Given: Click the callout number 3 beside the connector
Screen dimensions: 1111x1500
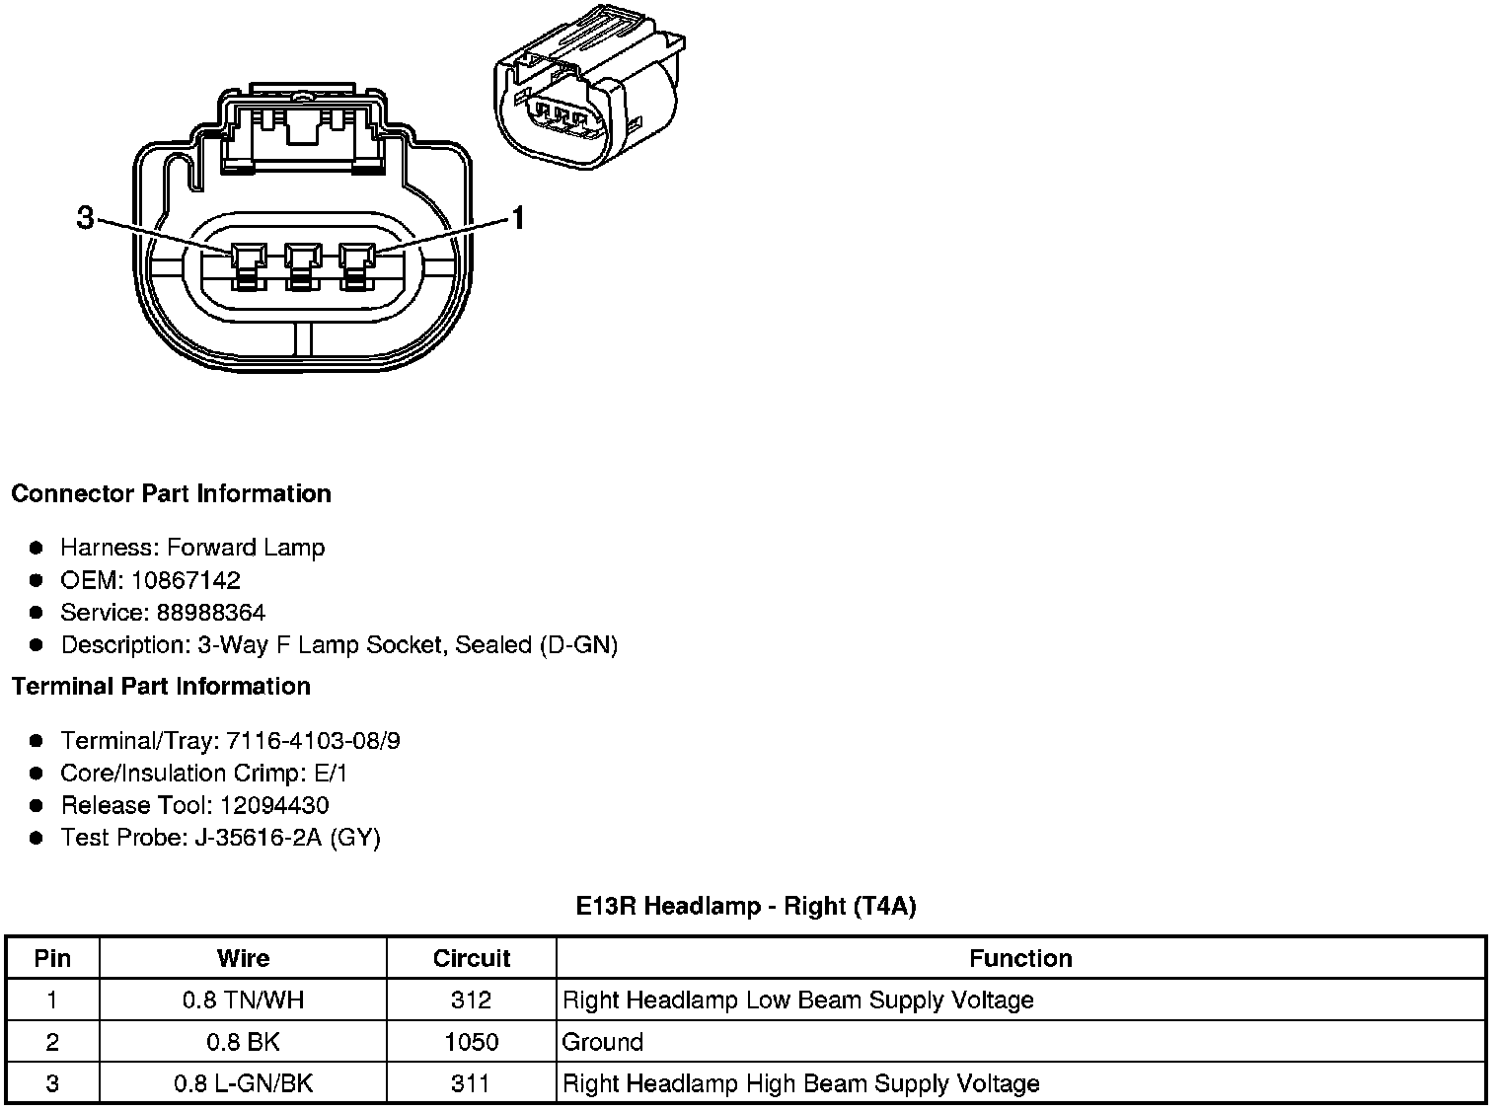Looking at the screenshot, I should click(x=86, y=218).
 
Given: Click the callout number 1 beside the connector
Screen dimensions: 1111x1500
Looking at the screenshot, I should click(x=516, y=218).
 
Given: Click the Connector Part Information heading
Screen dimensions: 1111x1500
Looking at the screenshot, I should click(x=171, y=493).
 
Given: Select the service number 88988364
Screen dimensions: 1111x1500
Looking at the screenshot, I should click(x=210, y=613).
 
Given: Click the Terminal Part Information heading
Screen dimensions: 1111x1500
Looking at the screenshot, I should click(x=161, y=686).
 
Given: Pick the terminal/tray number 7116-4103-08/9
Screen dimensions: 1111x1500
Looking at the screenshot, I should click(x=313, y=741).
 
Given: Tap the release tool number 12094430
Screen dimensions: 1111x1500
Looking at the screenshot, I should click(x=274, y=805).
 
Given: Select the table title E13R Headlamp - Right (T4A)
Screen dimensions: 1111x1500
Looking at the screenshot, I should click(x=746, y=906).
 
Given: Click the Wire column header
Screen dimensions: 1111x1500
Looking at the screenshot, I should click(x=243, y=958).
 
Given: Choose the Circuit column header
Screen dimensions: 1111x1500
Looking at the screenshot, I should click(x=472, y=958).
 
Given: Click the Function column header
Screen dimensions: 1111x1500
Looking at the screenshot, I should click(x=1020, y=958).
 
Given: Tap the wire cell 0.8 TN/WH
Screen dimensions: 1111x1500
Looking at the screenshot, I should click(x=243, y=1000).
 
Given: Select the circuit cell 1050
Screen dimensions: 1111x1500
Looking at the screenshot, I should click(x=472, y=1042).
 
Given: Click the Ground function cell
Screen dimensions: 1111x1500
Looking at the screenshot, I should click(x=603, y=1042).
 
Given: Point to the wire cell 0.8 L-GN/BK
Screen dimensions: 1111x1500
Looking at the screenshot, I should click(x=243, y=1083).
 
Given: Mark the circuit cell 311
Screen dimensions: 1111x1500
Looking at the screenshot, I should click(x=471, y=1083).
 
